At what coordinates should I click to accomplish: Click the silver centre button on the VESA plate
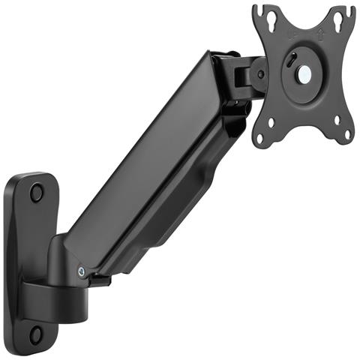pos(305,75)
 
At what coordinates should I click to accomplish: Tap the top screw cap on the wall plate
pos(36,192)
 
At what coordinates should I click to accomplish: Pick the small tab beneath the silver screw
pos(97,280)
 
